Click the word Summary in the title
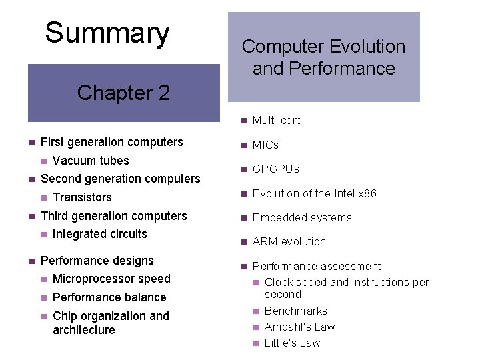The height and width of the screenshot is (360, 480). tap(107, 33)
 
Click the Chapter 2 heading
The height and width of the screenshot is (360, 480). tap(123, 93)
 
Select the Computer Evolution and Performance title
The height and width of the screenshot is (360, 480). tap(323, 57)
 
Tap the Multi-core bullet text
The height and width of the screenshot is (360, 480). tap(277, 121)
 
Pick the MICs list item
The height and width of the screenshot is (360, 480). tap(265, 145)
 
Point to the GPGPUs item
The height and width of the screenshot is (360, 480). tap(275, 169)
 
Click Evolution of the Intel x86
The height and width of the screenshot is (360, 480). tap(314, 193)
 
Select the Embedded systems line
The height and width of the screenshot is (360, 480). tap(301, 218)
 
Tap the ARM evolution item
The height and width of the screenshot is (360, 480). tap(289, 242)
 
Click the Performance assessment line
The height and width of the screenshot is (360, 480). tap(316, 266)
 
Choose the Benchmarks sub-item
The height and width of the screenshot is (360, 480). tap(295, 311)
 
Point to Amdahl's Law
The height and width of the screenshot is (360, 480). tap(299, 327)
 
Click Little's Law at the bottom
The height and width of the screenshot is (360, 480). tap(292, 343)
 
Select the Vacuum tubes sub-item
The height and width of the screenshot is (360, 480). tap(90, 161)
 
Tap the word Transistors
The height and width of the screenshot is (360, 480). tap(82, 197)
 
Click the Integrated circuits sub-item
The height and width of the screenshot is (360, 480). tap(99, 234)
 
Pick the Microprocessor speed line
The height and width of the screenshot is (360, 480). tap(111, 279)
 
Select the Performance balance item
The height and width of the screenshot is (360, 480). tap(109, 297)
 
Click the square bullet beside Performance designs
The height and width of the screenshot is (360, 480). tap(31, 261)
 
